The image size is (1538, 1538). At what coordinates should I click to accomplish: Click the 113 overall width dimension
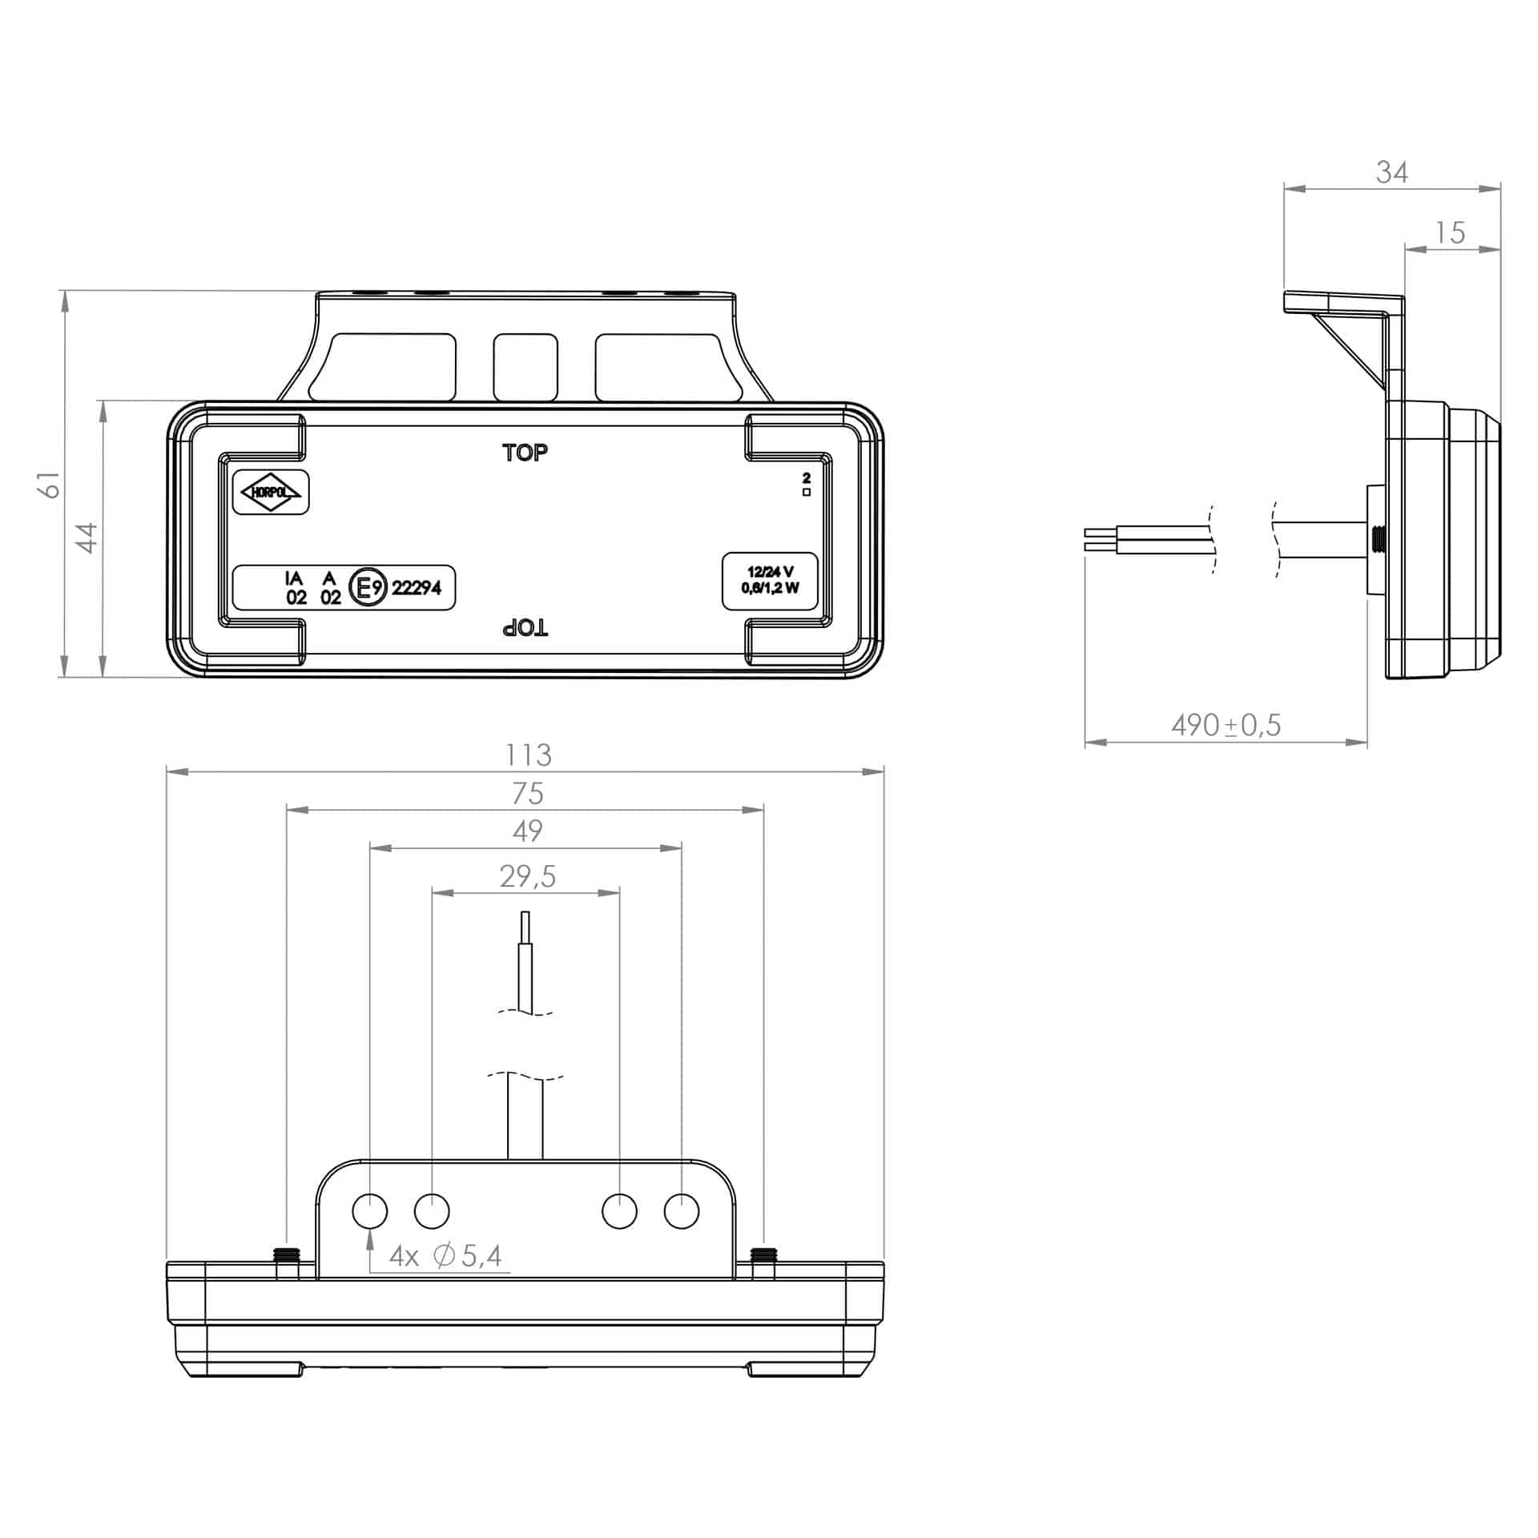tap(528, 755)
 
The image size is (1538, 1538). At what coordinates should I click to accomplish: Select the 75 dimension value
tap(528, 793)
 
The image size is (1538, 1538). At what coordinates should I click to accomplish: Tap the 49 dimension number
tap(528, 831)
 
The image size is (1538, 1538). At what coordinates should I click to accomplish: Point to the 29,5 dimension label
tap(527, 876)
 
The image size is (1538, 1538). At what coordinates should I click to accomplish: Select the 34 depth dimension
tap(1391, 171)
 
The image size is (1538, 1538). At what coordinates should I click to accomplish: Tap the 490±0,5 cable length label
tap(1226, 725)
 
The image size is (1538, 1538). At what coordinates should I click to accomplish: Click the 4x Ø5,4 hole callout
tap(446, 1255)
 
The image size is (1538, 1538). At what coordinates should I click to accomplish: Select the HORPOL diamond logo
tap(270, 492)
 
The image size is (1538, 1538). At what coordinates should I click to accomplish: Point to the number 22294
tap(417, 588)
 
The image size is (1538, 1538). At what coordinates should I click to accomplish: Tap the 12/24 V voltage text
tap(770, 571)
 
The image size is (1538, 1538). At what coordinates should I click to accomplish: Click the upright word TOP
tap(525, 453)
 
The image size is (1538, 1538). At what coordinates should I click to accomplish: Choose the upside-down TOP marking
tap(525, 628)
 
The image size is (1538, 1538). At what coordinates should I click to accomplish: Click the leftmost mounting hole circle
tap(370, 1210)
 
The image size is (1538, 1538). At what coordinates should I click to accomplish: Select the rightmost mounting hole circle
tap(682, 1210)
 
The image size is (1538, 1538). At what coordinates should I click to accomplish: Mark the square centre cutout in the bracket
tap(525, 367)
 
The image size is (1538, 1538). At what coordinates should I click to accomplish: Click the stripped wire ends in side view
tap(1097, 540)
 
